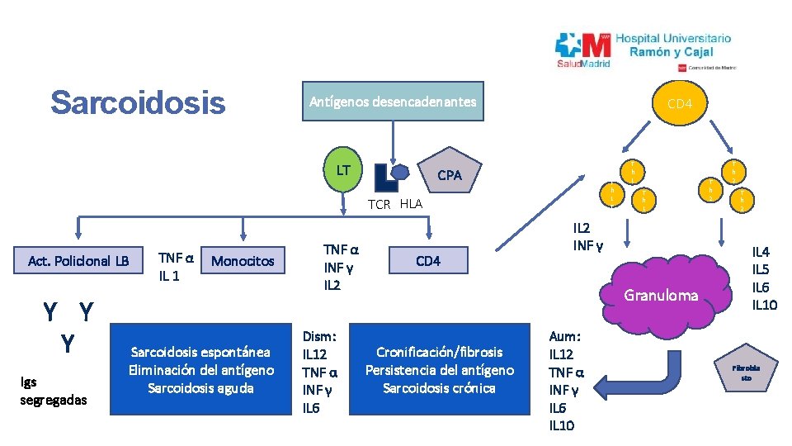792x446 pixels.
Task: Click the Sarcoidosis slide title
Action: pos(137,102)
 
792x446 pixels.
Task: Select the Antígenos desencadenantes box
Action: pos(392,102)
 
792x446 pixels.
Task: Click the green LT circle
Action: pos(343,171)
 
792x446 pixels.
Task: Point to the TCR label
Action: pos(379,205)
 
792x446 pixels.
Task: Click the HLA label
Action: pos(411,204)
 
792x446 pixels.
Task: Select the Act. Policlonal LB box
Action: pos(78,261)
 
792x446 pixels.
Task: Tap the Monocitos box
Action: pos(243,261)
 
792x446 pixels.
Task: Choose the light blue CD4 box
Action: pos(427,261)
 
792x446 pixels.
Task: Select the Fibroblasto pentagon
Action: pos(745,370)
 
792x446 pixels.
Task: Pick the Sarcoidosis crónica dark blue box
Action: pos(439,369)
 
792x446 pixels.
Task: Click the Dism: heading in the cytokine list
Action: pos(319,337)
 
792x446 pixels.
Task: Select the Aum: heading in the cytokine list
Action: pos(565,337)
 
